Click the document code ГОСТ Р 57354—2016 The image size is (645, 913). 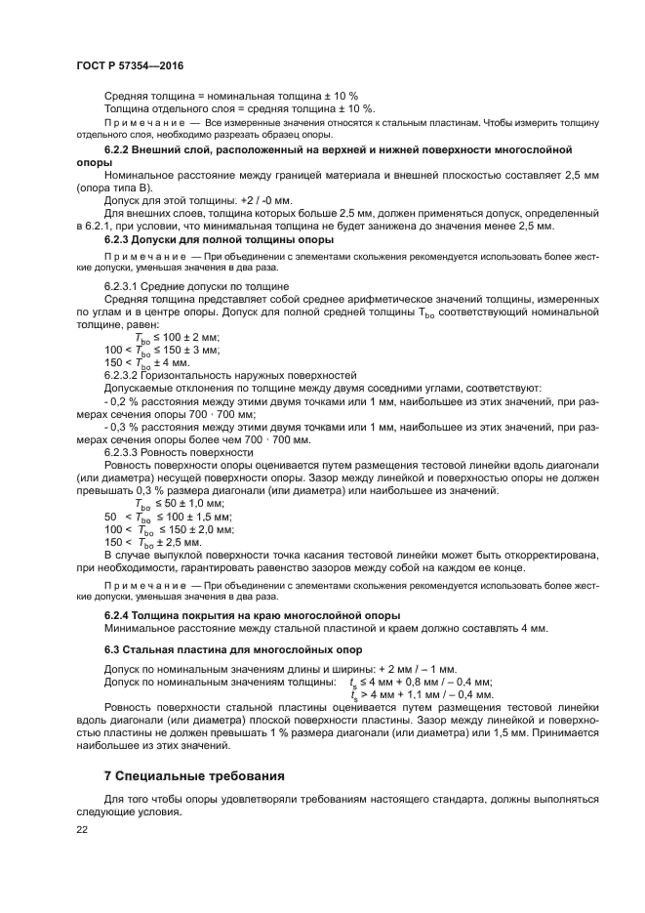click(130, 65)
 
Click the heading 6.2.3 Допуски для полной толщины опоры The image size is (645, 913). click(219, 238)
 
